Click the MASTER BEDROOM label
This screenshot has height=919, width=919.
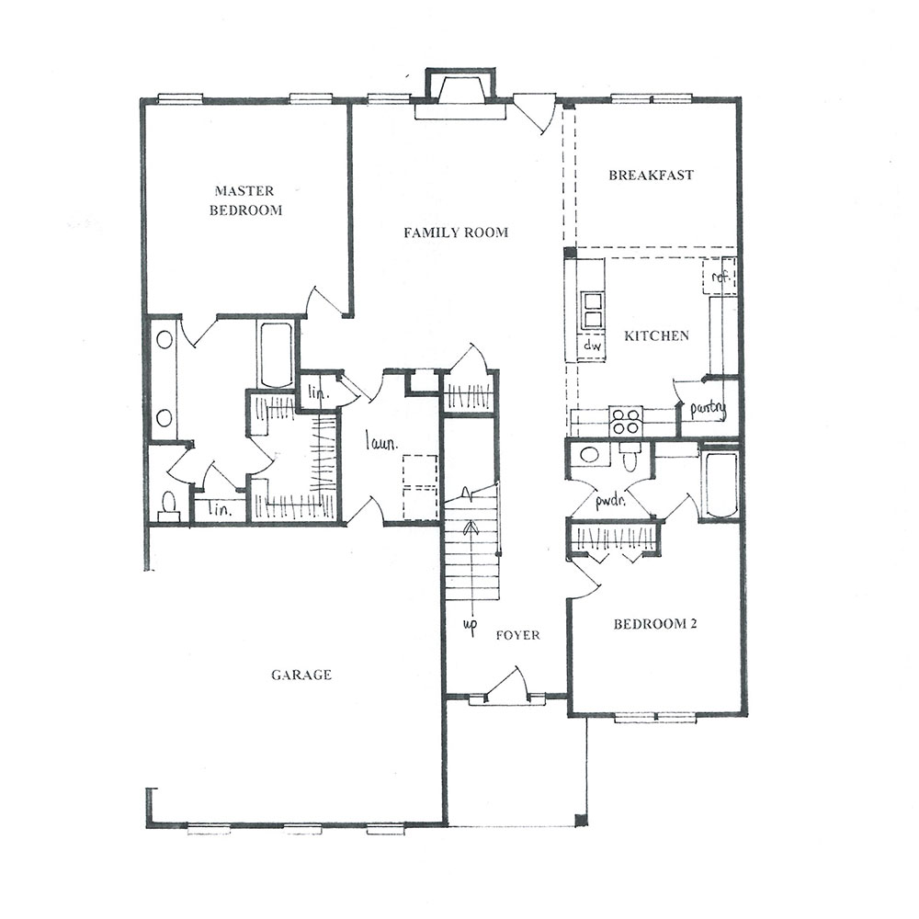point(246,200)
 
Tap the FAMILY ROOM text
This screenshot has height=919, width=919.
point(456,233)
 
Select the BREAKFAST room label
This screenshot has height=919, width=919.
point(652,175)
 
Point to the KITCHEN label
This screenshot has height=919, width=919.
point(656,335)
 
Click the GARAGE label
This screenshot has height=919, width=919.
point(301,675)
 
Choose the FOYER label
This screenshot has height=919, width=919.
point(518,635)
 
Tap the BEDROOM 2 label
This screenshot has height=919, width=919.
point(655,624)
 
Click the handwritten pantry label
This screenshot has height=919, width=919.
point(708,409)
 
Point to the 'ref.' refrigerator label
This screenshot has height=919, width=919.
point(720,276)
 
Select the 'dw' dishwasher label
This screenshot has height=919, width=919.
point(593,346)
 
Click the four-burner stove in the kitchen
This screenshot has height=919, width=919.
point(625,421)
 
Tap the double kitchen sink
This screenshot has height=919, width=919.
point(592,311)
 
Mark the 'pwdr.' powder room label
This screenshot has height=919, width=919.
point(611,502)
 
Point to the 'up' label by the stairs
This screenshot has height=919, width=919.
point(470,625)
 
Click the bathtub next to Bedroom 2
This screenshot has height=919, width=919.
point(719,484)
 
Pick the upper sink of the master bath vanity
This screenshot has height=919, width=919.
point(165,340)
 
